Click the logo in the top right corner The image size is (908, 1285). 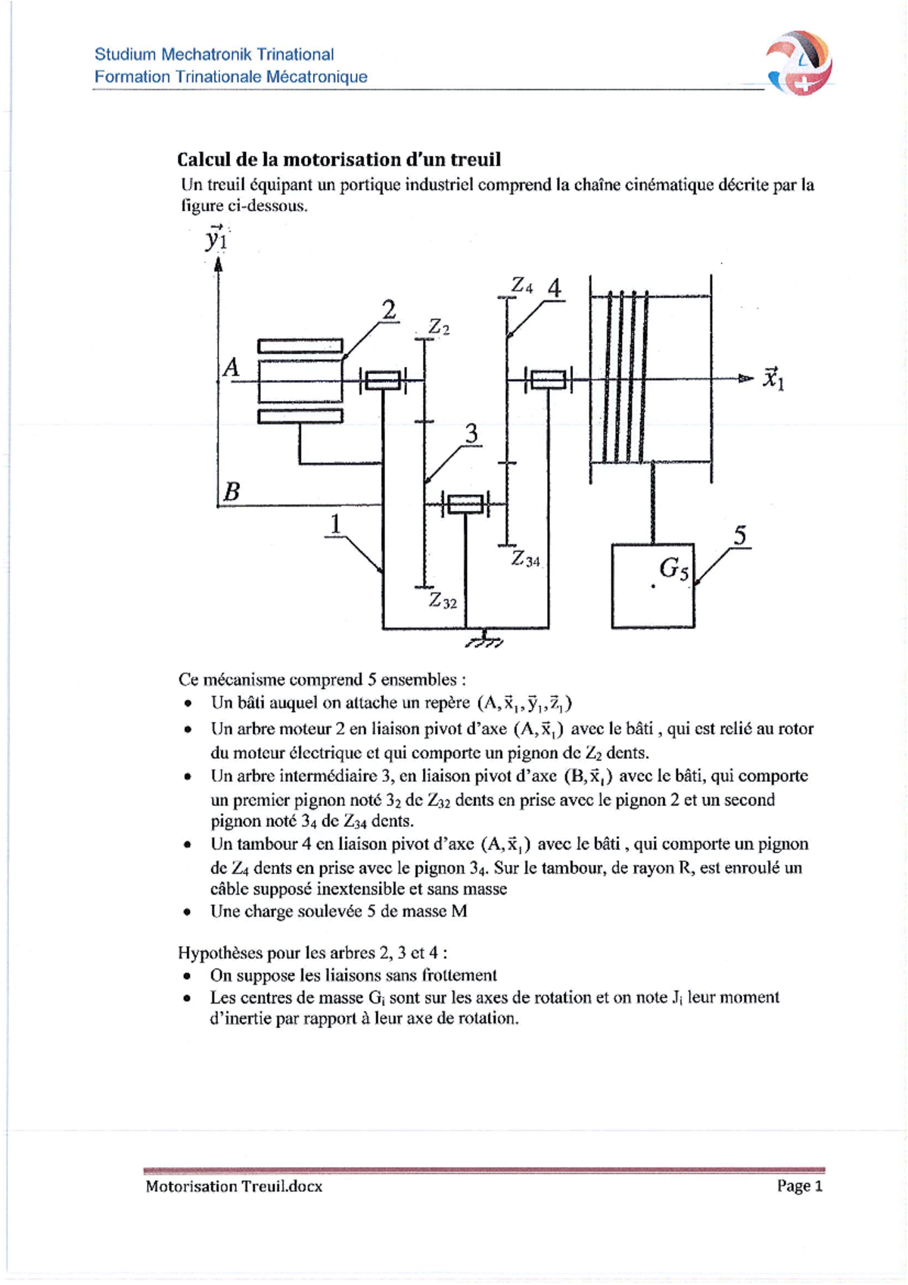pos(800,64)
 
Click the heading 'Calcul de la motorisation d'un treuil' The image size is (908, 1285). pos(339,160)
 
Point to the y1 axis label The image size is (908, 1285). pos(216,239)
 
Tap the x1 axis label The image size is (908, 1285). pos(773,378)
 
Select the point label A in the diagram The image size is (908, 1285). pos(231,368)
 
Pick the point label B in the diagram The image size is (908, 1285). pos(232,492)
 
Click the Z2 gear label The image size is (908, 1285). pos(439,327)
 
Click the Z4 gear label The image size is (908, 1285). pos(522,286)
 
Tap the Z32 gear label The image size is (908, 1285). pos(443,601)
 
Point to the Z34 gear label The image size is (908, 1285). pos(526,559)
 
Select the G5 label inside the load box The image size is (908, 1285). pos(673,568)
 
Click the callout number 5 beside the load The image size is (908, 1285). pos(740,536)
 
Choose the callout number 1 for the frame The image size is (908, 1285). pos(335,524)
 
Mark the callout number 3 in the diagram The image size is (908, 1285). pos(471,434)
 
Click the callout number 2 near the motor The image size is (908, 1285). pos(388,310)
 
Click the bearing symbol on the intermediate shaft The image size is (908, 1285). pos(465,504)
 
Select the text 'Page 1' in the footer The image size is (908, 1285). pos(799,1186)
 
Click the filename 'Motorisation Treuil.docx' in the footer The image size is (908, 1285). pos(234,1186)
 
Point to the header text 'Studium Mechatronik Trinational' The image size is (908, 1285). pos(214,54)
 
